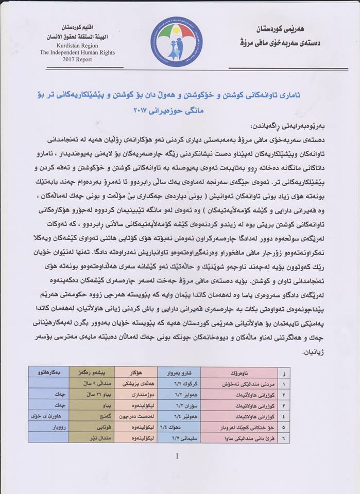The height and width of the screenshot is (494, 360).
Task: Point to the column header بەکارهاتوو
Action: pos(49,371)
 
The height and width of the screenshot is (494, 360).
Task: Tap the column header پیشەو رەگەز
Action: pos(91,371)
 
